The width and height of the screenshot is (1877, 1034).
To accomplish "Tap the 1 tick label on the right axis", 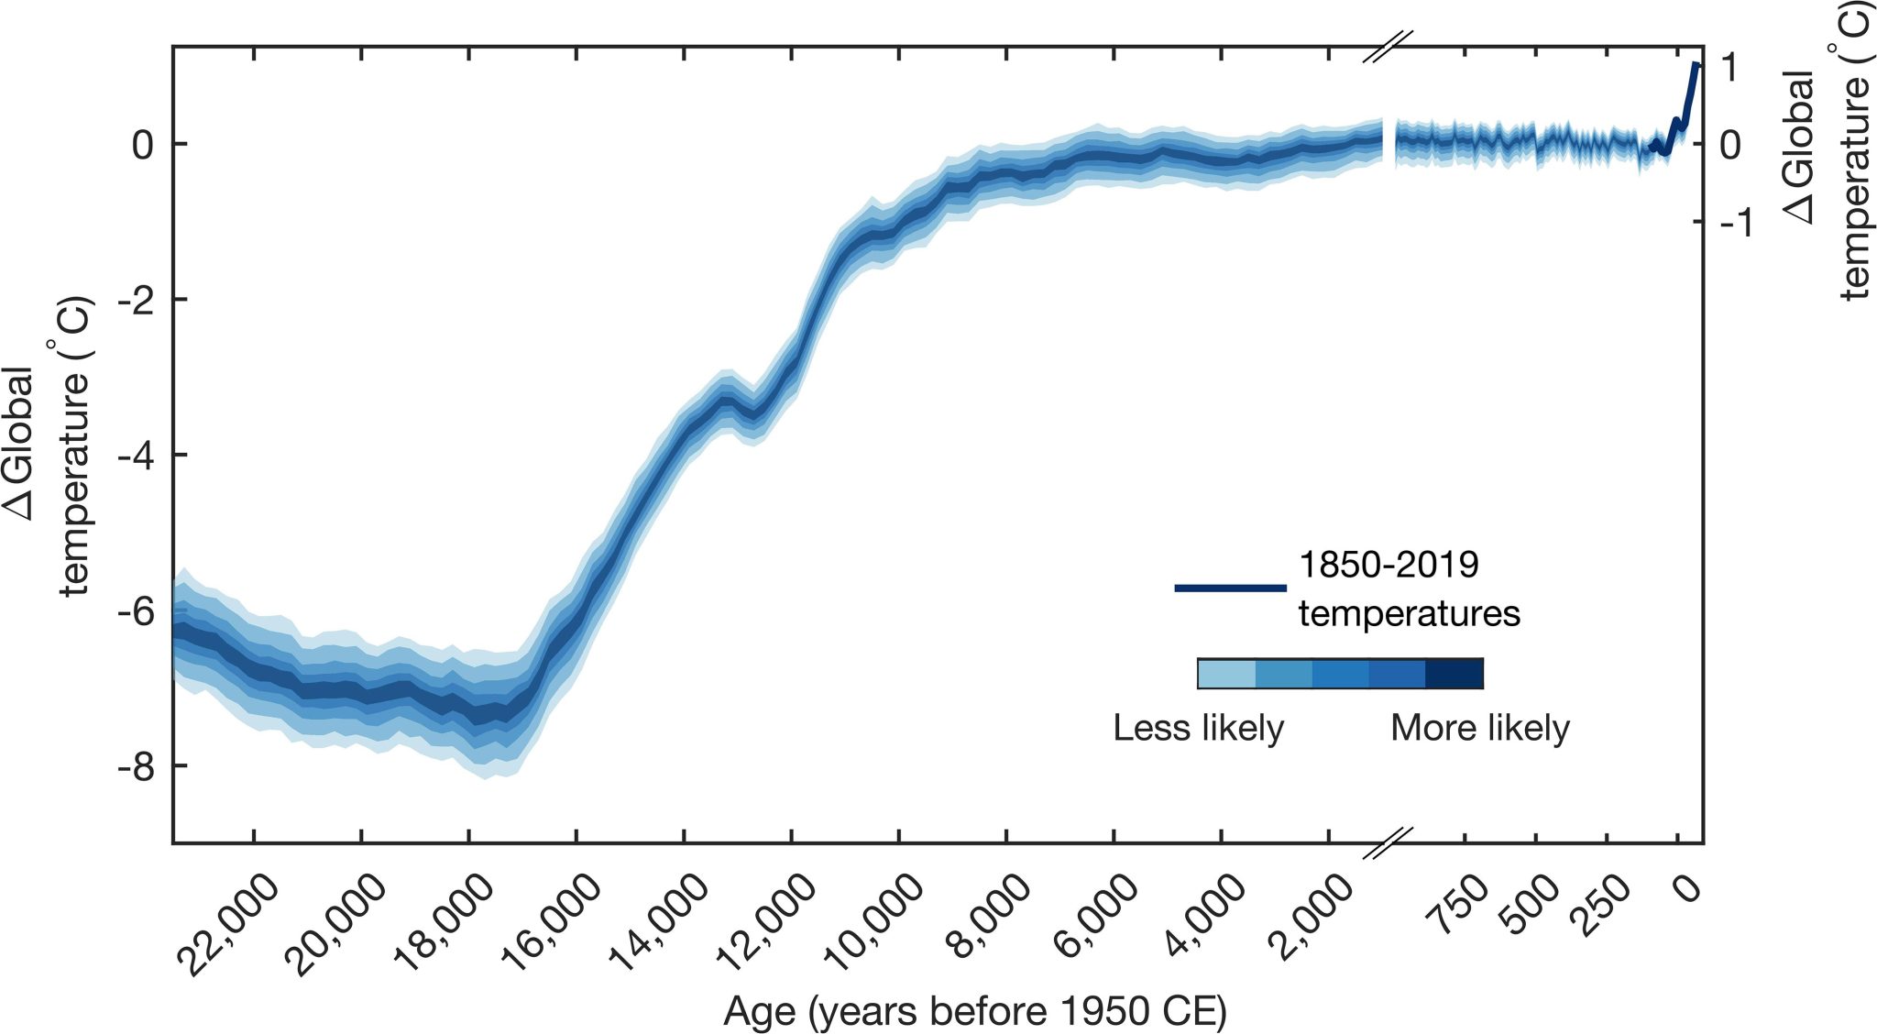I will tap(1729, 67).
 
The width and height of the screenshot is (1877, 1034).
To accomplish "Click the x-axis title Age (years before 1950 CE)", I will tap(974, 1012).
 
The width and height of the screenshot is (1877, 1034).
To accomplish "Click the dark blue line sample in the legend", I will tap(1230, 588).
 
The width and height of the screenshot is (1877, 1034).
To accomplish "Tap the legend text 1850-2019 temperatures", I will tap(1408, 588).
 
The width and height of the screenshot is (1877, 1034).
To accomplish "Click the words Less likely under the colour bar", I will tap(1198, 729).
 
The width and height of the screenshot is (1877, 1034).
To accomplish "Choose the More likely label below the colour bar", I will tap(1479, 729).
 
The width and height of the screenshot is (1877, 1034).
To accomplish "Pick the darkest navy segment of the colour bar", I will tap(1454, 674).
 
